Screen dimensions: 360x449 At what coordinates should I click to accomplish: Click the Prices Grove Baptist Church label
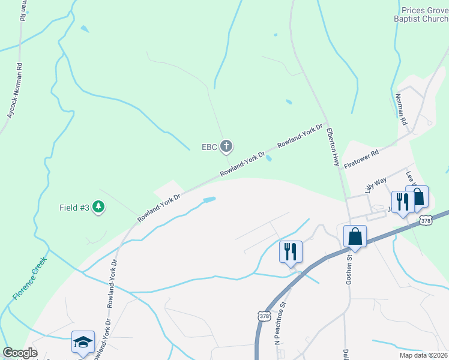[424, 15]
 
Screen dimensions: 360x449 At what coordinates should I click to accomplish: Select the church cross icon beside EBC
[226, 146]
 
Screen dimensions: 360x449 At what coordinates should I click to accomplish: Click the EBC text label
[209, 146]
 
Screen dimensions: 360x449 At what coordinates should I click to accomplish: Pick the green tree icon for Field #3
[98, 208]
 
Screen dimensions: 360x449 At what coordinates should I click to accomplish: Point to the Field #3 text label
[74, 208]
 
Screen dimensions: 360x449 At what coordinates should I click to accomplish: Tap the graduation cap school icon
[83, 342]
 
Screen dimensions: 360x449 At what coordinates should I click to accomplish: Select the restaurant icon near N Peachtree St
[291, 251]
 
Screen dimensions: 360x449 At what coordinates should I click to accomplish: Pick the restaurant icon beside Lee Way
[400, 201]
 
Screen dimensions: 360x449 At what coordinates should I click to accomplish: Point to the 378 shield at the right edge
[426, 220]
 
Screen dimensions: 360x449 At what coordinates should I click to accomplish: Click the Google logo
[20, 353]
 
